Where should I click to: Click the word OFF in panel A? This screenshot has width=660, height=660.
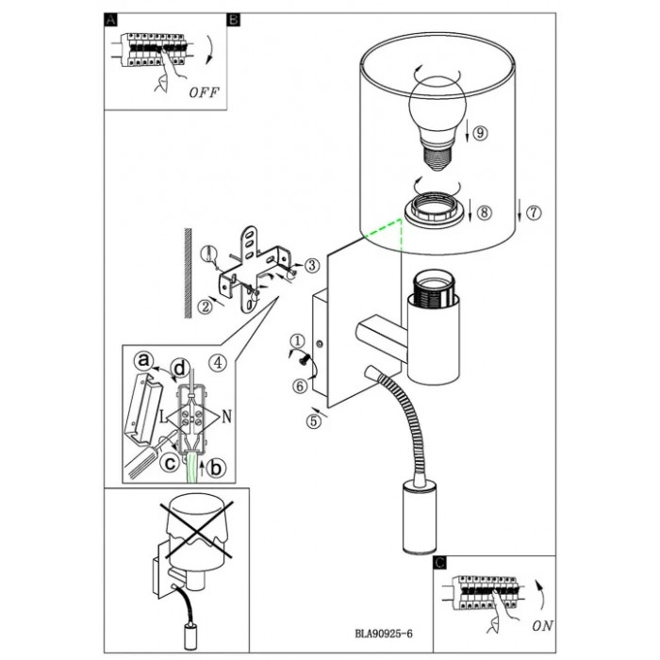204,92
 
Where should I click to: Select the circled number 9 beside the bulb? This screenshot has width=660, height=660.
480,133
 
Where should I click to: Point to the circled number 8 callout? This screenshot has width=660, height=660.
483,212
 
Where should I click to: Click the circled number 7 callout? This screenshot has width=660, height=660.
534,212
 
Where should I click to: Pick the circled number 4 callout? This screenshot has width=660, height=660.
217,359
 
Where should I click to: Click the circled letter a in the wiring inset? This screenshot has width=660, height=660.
143,359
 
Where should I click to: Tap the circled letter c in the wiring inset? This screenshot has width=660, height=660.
170,461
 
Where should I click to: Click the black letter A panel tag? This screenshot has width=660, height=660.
110,20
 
